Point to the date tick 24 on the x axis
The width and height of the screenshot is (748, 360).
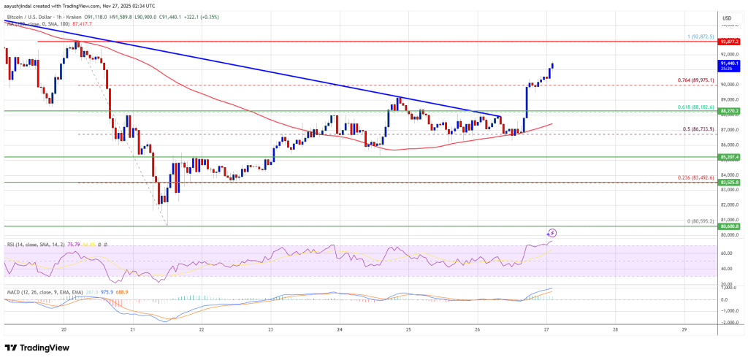[340, 329]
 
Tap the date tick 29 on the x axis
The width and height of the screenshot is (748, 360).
[683, 329]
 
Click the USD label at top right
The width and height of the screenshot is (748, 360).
[727, 18]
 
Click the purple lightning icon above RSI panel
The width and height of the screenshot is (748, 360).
[552, 233]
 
